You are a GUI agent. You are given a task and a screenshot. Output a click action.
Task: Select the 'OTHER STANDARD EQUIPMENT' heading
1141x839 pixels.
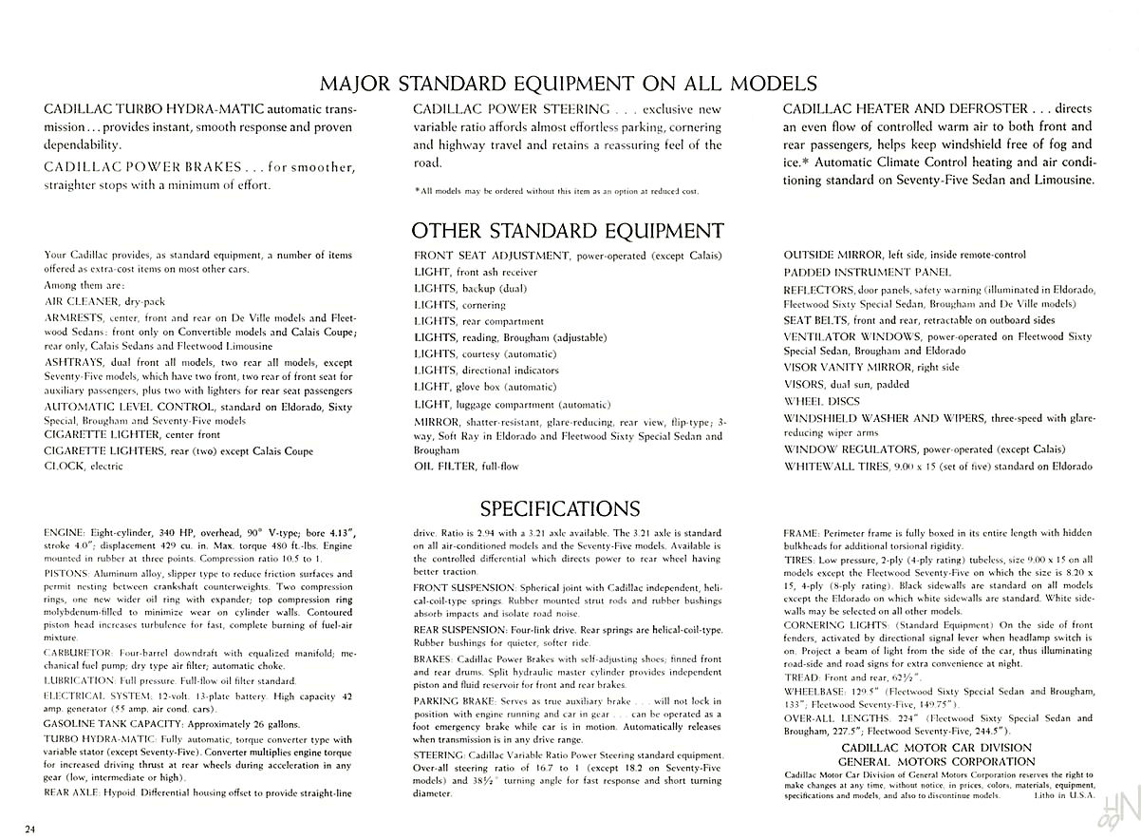click(567, 230)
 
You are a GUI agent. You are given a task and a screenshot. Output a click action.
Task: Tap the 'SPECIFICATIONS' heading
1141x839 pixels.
click(559, 508)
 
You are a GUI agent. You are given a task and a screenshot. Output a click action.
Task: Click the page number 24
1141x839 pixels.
click(32, 823)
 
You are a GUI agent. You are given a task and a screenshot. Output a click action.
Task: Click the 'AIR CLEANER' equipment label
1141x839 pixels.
click(79, 301)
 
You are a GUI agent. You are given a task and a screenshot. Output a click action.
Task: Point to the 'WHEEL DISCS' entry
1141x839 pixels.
click(821, 401)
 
